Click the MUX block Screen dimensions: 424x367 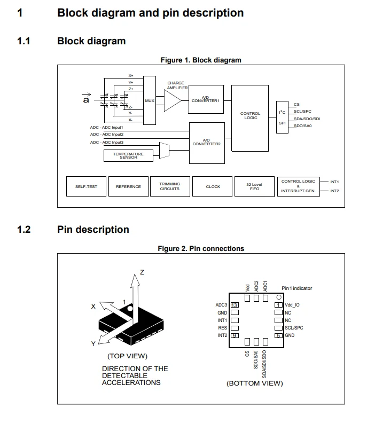[x=149, y=100]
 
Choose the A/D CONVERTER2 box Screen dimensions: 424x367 [x=206, y=143]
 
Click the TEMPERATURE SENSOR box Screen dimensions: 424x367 [x=128, y=155]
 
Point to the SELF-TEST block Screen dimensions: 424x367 [x=86, y=186]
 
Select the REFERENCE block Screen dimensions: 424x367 [x=128, y=186]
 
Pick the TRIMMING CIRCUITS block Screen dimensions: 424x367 [x=169, y=186]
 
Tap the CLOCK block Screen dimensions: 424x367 [x=213, y=186]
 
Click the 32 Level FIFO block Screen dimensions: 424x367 [x=254, y=186]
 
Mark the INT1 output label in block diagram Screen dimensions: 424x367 [x=334, y=182]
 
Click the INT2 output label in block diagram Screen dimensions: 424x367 [x=334, y=191]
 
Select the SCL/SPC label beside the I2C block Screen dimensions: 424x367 [x=302, y=112]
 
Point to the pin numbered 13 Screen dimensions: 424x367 [x=234, y=305]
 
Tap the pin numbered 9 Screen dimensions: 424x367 [x=234, y=335]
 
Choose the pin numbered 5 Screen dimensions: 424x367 [x=278, y=335]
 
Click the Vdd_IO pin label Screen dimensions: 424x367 [x=292, y=305]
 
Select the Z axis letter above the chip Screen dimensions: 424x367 [x=142, y=272]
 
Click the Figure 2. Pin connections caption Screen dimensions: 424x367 [x=201, y=248]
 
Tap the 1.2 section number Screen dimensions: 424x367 [x=24, y=230]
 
